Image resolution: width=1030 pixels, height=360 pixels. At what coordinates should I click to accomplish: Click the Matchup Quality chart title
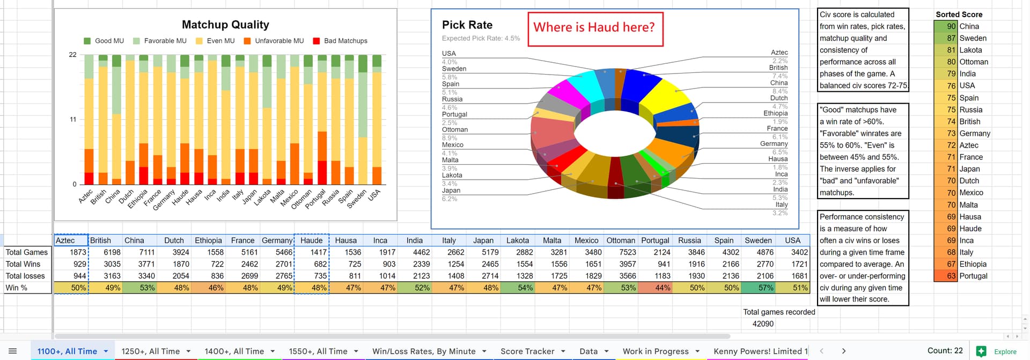click(x=225, y=25)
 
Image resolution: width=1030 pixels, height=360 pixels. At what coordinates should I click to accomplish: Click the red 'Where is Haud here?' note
click(x=595, y=28)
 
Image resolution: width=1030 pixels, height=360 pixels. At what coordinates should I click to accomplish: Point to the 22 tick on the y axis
click(x=73, y=55)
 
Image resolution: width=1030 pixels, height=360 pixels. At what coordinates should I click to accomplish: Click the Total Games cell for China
click(x=139, y=252)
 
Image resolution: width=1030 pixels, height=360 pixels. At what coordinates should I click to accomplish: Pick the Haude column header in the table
click(x=311, y=240)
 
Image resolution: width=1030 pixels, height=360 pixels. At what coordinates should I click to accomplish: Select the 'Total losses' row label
click(x=25, y=276)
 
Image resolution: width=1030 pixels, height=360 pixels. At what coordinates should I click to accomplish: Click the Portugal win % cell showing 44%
click(x=655, y=288)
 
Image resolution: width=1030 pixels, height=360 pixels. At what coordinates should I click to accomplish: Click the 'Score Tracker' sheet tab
click(x=527, y=351)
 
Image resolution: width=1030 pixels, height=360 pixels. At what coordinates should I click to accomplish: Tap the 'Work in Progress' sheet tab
click(x=655, y=351)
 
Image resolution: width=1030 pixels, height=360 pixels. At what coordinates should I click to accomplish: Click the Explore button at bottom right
click(x=998, y=351)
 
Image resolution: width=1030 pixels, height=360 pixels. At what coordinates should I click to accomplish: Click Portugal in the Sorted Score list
click(x=974, y=276)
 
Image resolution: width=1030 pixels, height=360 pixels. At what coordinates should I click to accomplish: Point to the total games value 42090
click(x=762, y=324)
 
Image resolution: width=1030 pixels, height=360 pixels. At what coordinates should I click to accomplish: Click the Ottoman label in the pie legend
click(x=455, y=129)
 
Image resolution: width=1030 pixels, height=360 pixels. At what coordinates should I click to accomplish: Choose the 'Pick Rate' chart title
click(x=467, y=25)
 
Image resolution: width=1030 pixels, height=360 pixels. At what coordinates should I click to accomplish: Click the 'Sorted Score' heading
click(x=959, y=14)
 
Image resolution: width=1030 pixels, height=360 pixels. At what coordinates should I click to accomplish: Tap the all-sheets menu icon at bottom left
click(x=13, y=351)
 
